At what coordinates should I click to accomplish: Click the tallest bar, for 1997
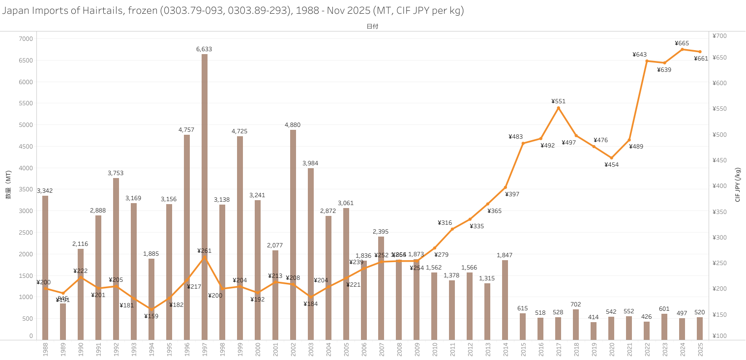coord(205,197)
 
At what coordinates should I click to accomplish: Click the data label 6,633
coord(204,49)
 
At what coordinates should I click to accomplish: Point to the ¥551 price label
coord(559,101)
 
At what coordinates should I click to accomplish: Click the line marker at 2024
coord(682,49)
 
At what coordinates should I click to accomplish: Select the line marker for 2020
coord(612,158)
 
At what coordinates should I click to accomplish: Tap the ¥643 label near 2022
coord(639,55)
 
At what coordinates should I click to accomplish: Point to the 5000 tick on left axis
coord(26,125)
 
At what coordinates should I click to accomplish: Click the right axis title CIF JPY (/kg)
coord(738,185)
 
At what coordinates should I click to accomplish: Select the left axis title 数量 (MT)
coord(8,185)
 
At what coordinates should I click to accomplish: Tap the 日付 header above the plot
coord(372,27)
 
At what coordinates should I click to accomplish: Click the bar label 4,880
coord(293,125)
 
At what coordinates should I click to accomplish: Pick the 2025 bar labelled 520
coord(700,328)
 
